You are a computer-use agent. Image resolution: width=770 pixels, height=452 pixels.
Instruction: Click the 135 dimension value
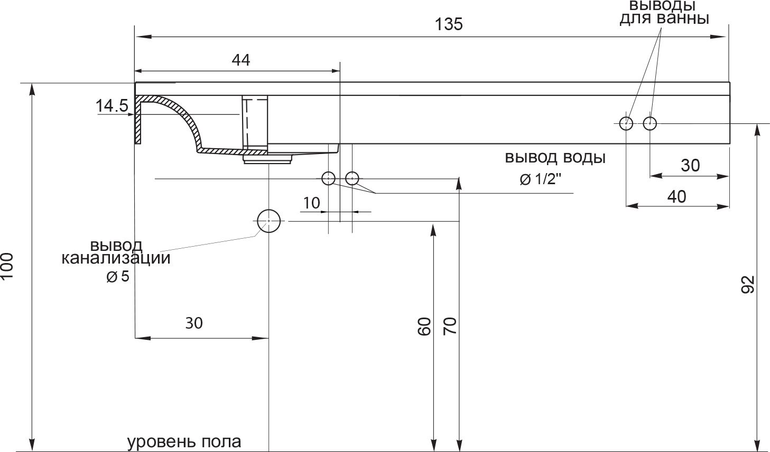449,24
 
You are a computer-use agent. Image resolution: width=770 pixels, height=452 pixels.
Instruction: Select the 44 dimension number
241,60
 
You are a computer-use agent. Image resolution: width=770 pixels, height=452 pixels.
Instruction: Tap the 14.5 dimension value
112,106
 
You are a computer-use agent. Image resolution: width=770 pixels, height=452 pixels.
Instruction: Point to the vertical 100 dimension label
7,266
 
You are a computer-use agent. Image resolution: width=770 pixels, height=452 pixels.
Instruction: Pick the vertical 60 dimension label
424,327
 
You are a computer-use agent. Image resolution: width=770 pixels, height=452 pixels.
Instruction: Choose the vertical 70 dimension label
450,326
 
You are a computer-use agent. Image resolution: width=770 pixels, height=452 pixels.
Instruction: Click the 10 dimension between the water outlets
311,203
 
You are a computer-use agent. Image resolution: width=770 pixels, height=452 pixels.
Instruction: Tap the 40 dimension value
677,197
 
